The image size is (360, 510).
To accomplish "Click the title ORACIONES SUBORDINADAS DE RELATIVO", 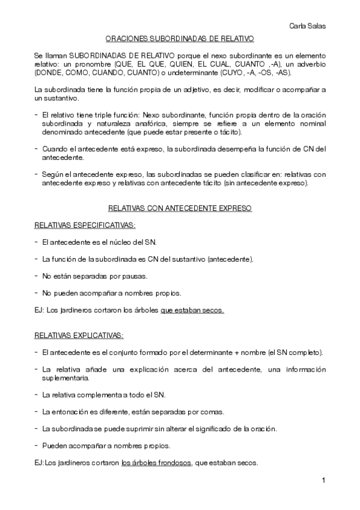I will coord(180,38).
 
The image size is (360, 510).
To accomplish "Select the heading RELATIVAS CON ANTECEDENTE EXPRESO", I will coord(180,208).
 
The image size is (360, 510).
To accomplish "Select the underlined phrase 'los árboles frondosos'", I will coord(156,463).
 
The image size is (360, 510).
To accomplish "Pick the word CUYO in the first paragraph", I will coord(215,73).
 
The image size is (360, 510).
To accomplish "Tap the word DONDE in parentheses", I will coord(50,73).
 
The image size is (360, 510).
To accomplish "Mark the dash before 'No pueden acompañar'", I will coord(37,293).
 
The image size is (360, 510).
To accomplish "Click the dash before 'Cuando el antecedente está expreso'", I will coord(37,149).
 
